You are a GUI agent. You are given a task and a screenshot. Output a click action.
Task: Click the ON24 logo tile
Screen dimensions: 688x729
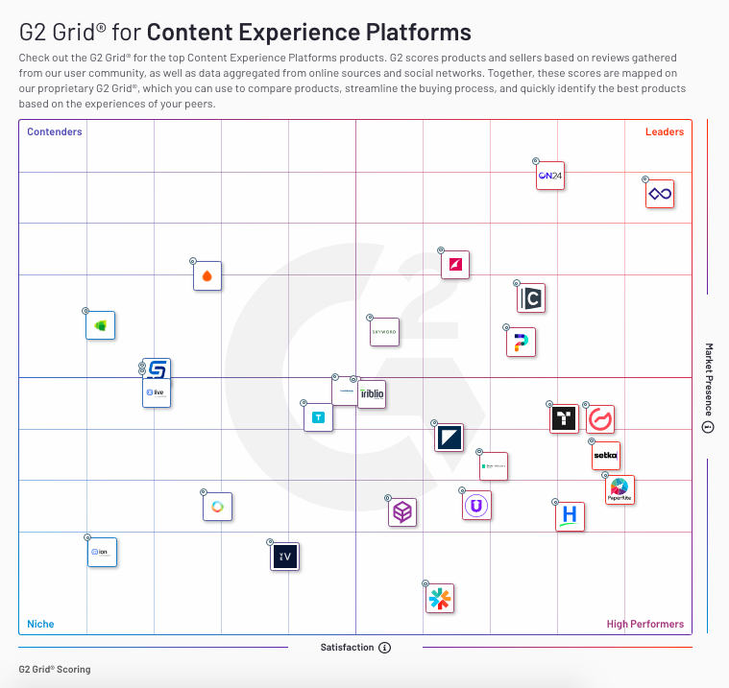pos(550,176)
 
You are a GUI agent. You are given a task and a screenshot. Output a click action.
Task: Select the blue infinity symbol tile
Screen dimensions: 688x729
pos(660,194)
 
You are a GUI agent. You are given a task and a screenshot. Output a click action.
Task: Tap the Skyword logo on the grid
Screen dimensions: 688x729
pos(384,331)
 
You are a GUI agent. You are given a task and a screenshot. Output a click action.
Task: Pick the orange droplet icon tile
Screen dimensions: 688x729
pos(207,276)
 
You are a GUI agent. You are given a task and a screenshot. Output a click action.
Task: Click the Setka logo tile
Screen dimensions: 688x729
pos(606,456)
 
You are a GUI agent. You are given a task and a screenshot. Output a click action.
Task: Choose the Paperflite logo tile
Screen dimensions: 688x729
pos(620,489)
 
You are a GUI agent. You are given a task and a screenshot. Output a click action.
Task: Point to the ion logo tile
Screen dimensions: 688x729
pos(103,553)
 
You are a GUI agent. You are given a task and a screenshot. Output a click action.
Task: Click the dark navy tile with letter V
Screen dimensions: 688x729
pos(285,557)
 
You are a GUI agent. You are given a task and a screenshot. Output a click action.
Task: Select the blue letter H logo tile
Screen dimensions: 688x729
pos(571,516)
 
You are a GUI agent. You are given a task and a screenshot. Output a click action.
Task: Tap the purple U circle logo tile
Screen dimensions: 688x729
pos(476,506)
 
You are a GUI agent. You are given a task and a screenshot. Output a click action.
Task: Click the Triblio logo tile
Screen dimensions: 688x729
pos(372,394)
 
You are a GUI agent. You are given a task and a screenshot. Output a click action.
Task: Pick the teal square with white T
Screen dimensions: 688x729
pos(319,417)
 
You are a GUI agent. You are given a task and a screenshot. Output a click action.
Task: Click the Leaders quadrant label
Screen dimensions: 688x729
pos(665,131)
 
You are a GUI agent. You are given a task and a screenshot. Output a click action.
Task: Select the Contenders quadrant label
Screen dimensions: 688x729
pos(55,131)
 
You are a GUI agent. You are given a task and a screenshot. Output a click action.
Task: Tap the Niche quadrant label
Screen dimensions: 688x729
pos(40,624)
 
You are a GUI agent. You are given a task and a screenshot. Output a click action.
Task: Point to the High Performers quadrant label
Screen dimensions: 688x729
pos(645,624)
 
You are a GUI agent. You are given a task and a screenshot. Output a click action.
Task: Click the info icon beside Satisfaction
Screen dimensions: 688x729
pos(385,648)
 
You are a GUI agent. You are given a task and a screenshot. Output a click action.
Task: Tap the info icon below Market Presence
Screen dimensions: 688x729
pos(709,428)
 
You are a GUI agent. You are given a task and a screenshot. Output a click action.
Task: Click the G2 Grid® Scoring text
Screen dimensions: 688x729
pos(55,669)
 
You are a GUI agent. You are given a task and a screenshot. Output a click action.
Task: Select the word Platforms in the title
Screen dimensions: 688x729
pos(417,32)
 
